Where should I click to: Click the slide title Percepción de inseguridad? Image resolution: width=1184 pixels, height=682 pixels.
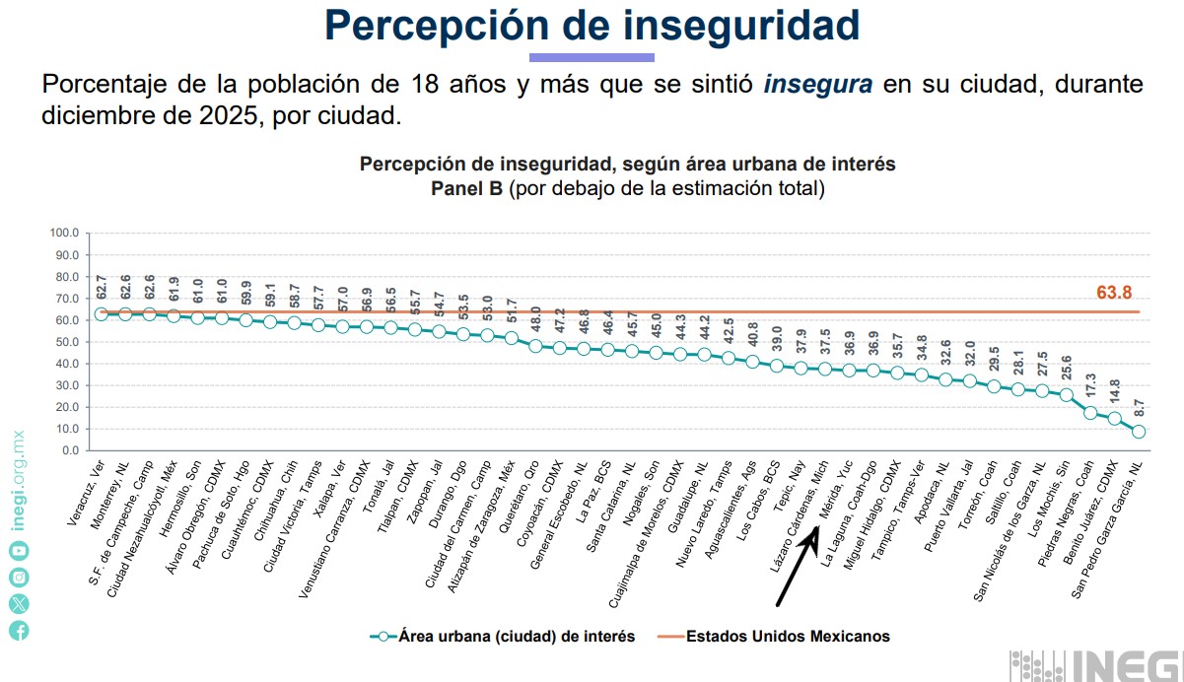point(592,27)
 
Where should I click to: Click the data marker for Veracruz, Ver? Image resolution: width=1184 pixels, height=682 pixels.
point(102,314)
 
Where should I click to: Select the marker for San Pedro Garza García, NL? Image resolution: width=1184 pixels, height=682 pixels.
point(1139,432)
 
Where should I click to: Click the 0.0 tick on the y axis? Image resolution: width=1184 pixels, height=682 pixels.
point(69,450)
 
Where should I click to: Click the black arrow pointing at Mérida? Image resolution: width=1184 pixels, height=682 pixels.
point(795,569)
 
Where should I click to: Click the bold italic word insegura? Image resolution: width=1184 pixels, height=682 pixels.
point(817,84)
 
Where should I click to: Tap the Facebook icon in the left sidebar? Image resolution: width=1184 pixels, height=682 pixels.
point(20,631)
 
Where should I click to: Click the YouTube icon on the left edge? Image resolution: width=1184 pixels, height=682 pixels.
point(20,551)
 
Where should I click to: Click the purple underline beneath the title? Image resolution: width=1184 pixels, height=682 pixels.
point(592,57)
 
